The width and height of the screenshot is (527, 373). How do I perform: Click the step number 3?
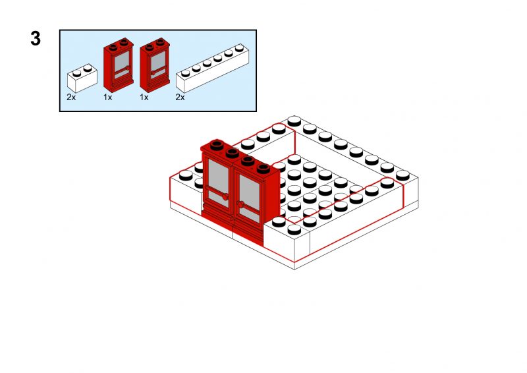[36, 39]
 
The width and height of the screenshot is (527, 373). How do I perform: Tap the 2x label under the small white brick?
[71, 97]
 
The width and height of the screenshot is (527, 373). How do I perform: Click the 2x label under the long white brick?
[180, 97]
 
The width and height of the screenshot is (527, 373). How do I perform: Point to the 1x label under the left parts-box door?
[108, 97]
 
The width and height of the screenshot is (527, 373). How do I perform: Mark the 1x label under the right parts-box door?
[144, 97]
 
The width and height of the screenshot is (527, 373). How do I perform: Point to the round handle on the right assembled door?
[241, 205]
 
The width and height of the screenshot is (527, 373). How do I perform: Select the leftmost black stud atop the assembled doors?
[215, 146]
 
